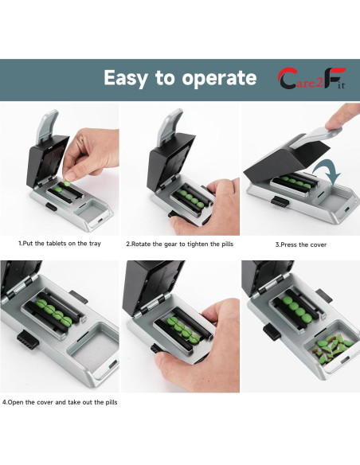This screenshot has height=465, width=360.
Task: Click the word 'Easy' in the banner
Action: coord(125,78)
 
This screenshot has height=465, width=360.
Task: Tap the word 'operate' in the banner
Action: coord(219,78)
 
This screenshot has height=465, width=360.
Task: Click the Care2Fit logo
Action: coord(311,78)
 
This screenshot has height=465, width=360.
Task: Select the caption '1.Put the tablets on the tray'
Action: coord(60,244)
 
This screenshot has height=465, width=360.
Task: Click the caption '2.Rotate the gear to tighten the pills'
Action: coord(180,244)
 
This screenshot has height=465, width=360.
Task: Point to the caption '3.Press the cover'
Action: coord(301,244)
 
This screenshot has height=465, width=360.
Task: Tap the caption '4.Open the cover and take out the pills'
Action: coord(60,402)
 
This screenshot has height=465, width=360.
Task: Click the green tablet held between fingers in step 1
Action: coord(68,183)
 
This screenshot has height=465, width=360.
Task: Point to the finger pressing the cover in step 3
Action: coord(342,117)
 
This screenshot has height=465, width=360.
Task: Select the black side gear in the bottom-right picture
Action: coord(272,332)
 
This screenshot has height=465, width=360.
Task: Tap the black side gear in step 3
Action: coord(280,201)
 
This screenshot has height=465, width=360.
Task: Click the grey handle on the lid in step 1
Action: coord(47,126)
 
